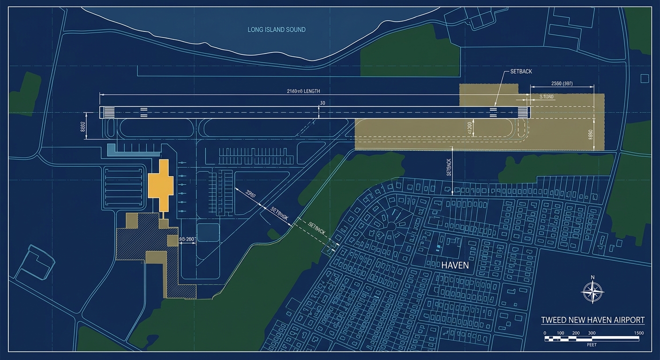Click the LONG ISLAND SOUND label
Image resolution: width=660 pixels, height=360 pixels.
(277, 30)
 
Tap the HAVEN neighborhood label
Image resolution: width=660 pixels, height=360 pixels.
(455, 265)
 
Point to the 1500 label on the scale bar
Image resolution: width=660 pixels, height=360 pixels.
(638, 333)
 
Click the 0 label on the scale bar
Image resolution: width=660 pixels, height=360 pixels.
(545, 333)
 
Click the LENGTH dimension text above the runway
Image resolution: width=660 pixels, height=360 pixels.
(303, 91)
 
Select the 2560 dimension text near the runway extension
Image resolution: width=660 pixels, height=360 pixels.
(562, 83)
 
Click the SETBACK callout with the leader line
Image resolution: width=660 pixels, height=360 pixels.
(517, 72)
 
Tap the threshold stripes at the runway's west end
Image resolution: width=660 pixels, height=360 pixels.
(109, 112)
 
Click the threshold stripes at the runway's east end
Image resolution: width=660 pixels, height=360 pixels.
(522, 112)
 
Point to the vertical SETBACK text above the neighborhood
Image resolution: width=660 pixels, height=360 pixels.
(449, 167)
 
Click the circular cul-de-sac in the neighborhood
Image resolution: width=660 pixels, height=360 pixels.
(390, 226)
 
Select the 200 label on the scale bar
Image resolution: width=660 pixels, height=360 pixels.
(576, 333)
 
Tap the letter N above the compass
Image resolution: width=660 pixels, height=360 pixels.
(592, 277)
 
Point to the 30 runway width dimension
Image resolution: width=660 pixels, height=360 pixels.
(322, 103)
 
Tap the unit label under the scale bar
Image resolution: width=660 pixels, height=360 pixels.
(592, 344)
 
